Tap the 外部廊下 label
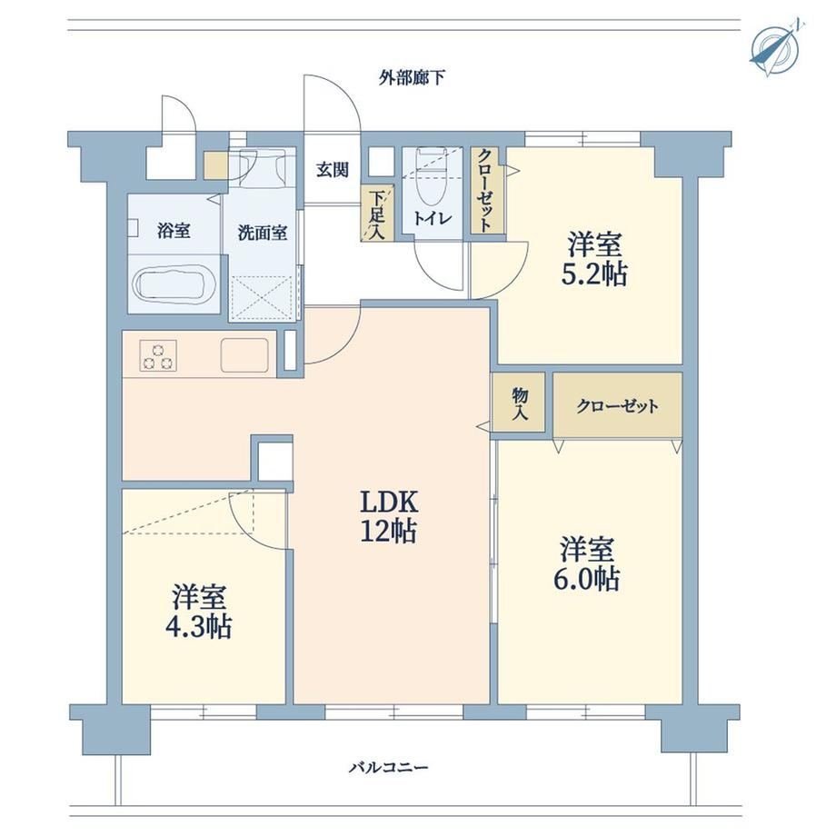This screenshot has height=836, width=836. pos(412,78)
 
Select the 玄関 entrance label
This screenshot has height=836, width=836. pos(333,170)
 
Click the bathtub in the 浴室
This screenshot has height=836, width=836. pos(174,285)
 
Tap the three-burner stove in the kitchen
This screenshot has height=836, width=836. pos(158,356)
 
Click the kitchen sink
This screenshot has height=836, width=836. pos(244,355)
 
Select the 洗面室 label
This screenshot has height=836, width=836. pos(263,233)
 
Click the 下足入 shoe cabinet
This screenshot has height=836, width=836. pos(377,213)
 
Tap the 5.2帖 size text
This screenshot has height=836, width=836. pos(594,274)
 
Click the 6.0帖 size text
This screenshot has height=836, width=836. pos(586,579)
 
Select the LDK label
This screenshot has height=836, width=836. pos(389,502)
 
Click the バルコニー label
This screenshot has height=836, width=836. pos(389,768)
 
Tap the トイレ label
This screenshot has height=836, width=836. pos(433,219)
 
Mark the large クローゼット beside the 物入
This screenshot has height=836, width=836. pos(617,405)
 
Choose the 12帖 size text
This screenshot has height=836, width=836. pos(389,531)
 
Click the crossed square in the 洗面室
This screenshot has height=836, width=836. pos(263,297)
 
